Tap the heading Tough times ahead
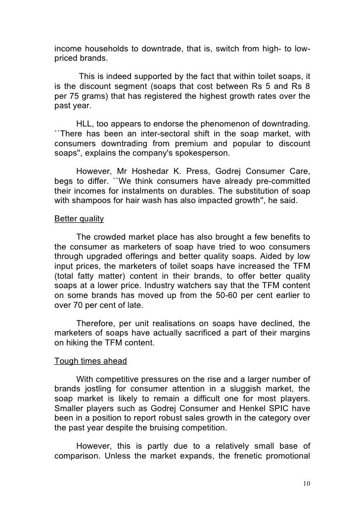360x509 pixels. coord(90,361)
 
